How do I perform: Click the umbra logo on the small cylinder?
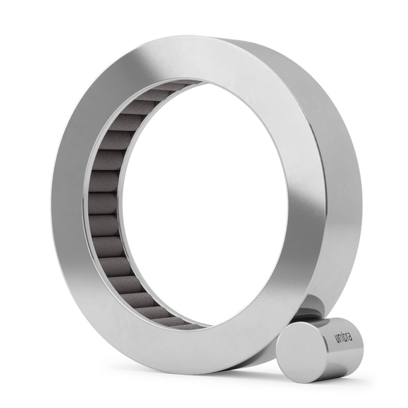coord(343,338)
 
